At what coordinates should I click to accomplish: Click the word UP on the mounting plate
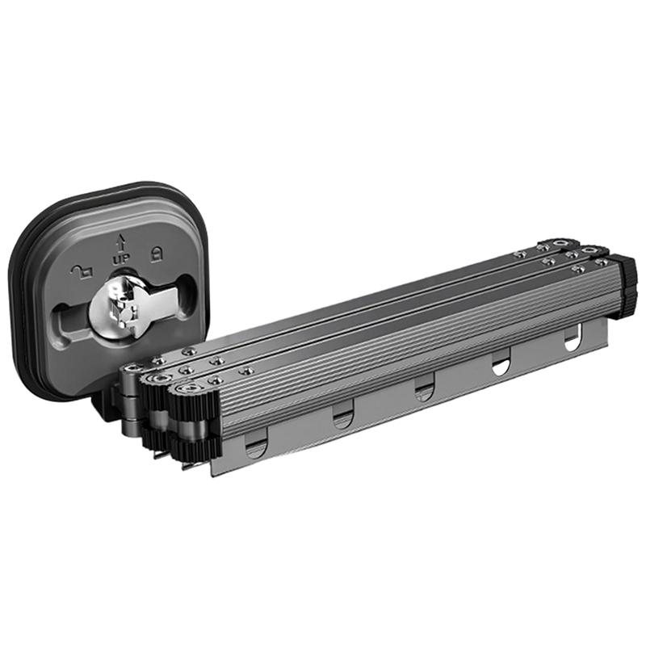click(122, 259)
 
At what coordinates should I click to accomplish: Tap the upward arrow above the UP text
click(120, 243)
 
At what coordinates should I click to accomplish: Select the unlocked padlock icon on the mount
click(82, 271)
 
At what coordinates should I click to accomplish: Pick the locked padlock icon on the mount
click(157, 254)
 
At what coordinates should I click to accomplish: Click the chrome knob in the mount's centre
click(113, 305)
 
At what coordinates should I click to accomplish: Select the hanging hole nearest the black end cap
click(572, 339)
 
